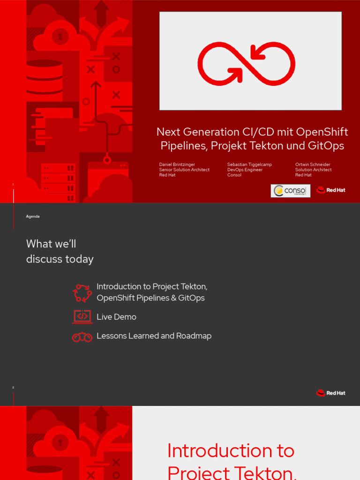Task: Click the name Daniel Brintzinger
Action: (177, 165)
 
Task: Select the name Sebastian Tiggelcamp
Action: (249, 165)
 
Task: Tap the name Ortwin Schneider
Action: (313, 165)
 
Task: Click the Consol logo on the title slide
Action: (290, 190)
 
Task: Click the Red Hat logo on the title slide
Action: (331, 190)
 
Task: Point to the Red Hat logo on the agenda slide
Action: (331, 393)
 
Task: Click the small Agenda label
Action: (33, 217)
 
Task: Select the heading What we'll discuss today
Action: (60, 251)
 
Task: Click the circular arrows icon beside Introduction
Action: (82, 293)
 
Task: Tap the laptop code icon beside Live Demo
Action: (82, 317)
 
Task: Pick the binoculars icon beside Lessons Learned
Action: (82, 337)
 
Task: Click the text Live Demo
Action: (116, 317)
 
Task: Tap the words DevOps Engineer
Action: (245, 170)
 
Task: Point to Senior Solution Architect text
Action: (184, 170)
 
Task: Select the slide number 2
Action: (13, 388)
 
